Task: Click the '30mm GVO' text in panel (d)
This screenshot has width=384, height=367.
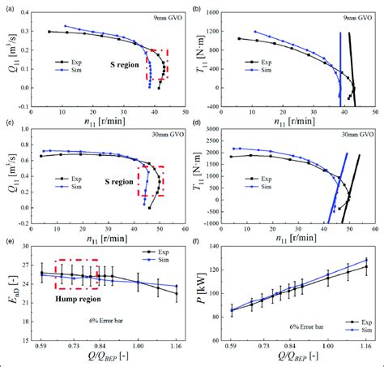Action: [353, 135]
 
